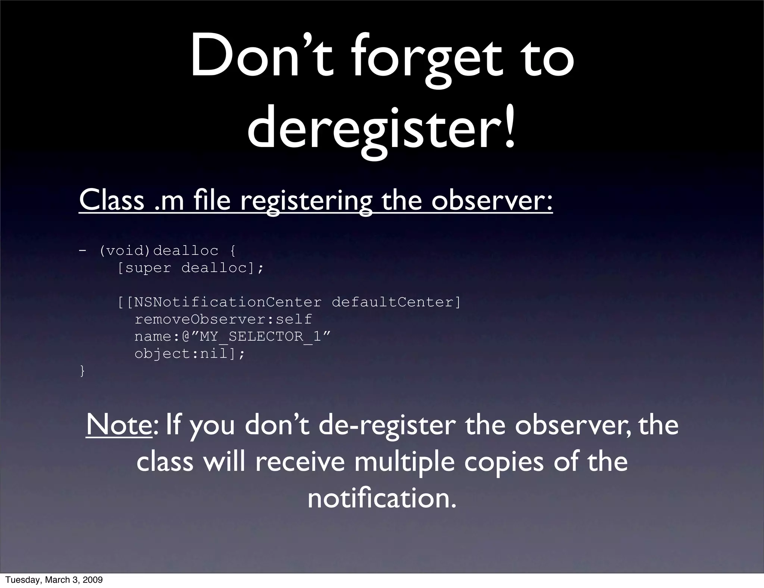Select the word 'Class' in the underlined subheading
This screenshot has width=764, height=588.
click(x=112, y=200)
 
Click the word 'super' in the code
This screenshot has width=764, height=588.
click(x=148, y=268)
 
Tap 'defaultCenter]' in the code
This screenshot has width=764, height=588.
click(x=396, y=302)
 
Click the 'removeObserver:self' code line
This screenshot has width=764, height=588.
click(x=223, y=319)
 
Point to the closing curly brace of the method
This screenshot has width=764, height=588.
click(x=82, y=371)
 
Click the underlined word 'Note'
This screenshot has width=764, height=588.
click(x=119, y=425)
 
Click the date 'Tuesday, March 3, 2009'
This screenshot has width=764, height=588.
click(x=54, y=580)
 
